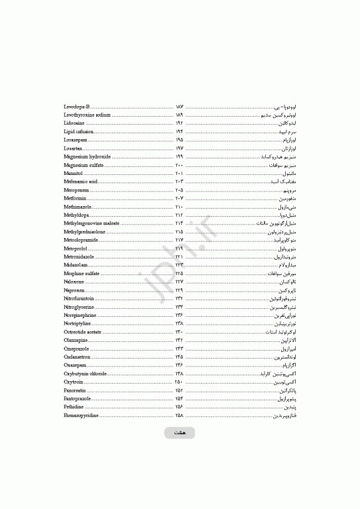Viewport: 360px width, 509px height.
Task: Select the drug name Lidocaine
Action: pyautogui.click(x=74, y=123)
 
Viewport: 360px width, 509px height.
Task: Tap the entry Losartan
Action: pyautogui.click(x=73, y=148)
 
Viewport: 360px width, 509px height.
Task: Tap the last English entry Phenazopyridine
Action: pyautogui.click(x=82, y=415)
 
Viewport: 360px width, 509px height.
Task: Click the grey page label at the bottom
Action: pyautogui.click(x=180, y=433)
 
